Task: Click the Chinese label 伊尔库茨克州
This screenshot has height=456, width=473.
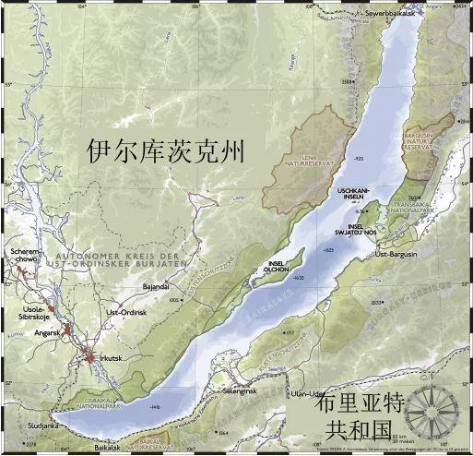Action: [x=166, y=152]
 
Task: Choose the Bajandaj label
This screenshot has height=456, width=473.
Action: [x=155, y=287]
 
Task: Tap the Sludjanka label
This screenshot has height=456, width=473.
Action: [x=24, y=426]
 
